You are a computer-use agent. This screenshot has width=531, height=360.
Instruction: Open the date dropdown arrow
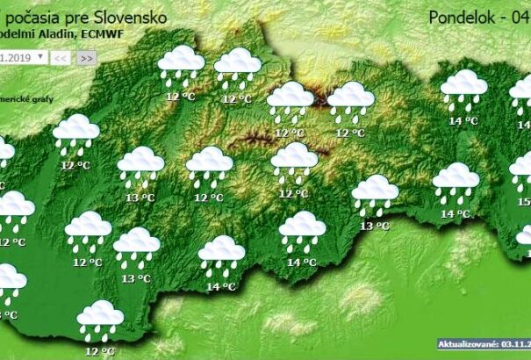39,57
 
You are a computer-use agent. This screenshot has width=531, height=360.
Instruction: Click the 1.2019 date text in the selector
16,57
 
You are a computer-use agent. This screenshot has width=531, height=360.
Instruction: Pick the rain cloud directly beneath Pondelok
463,90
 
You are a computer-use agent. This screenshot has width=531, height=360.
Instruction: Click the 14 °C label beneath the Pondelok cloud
463,121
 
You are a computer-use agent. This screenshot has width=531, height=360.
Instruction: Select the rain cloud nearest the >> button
182,66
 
